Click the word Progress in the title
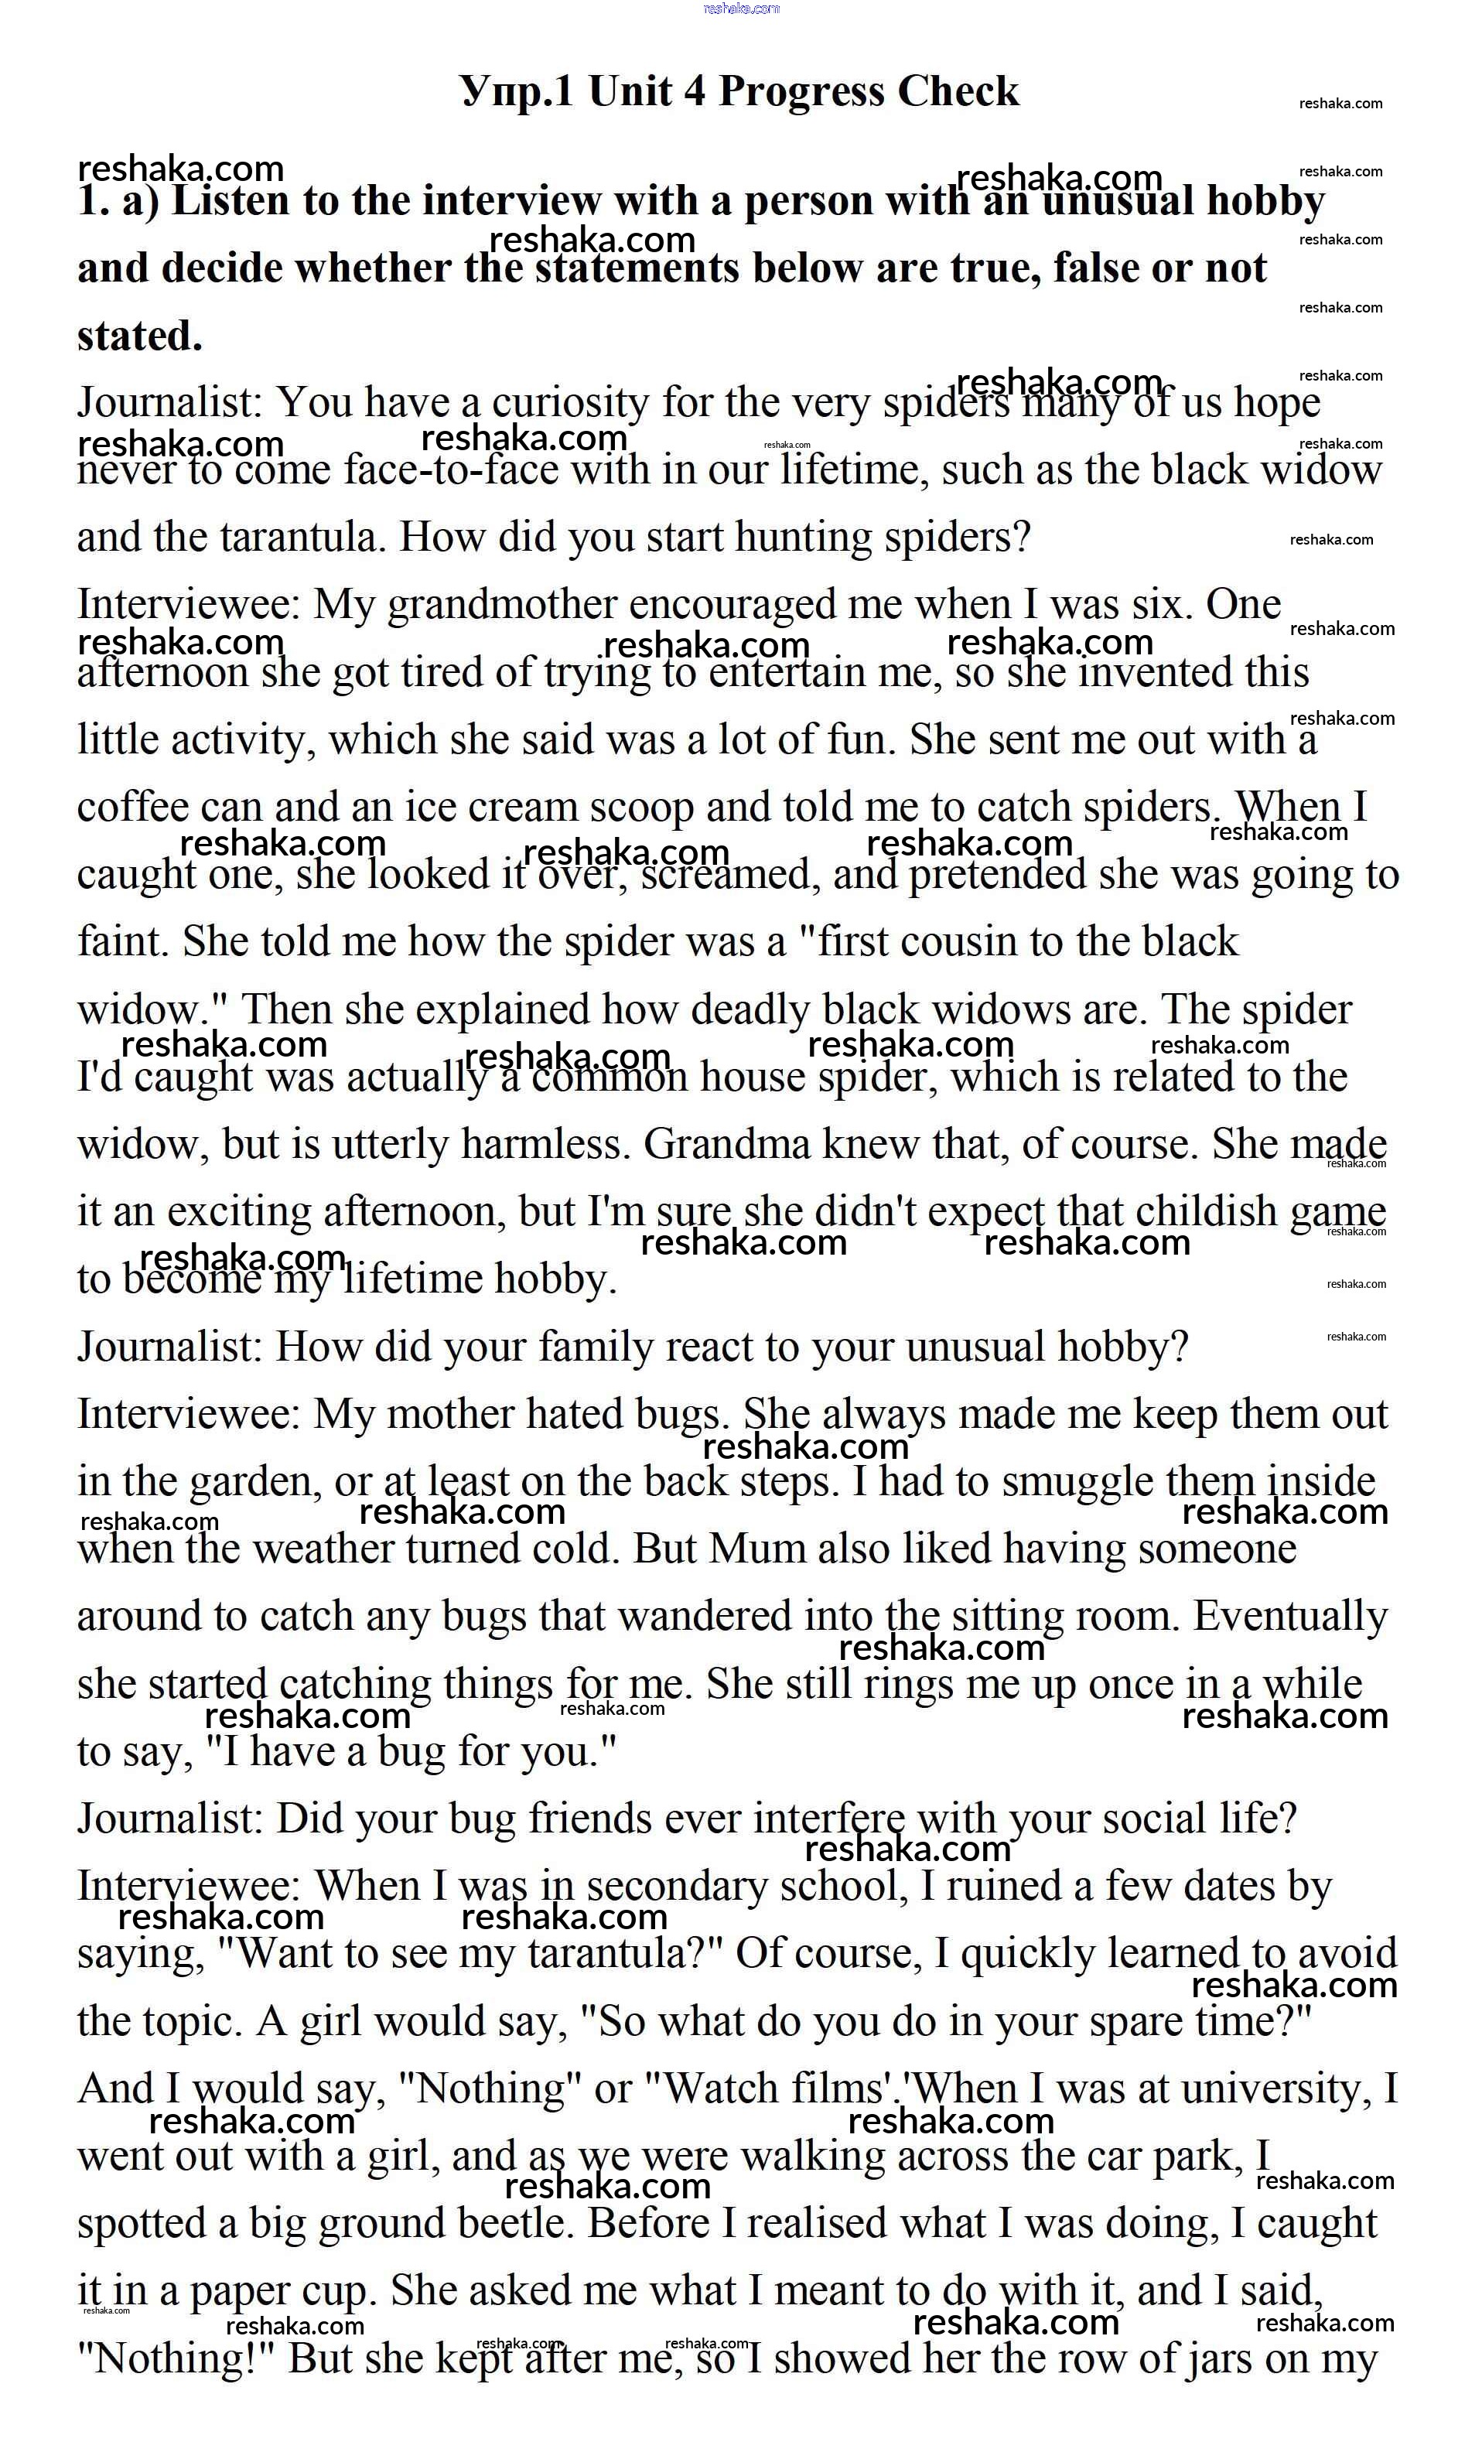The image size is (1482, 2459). coord(801,92)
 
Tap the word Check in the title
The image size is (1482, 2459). coord(957,92)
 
